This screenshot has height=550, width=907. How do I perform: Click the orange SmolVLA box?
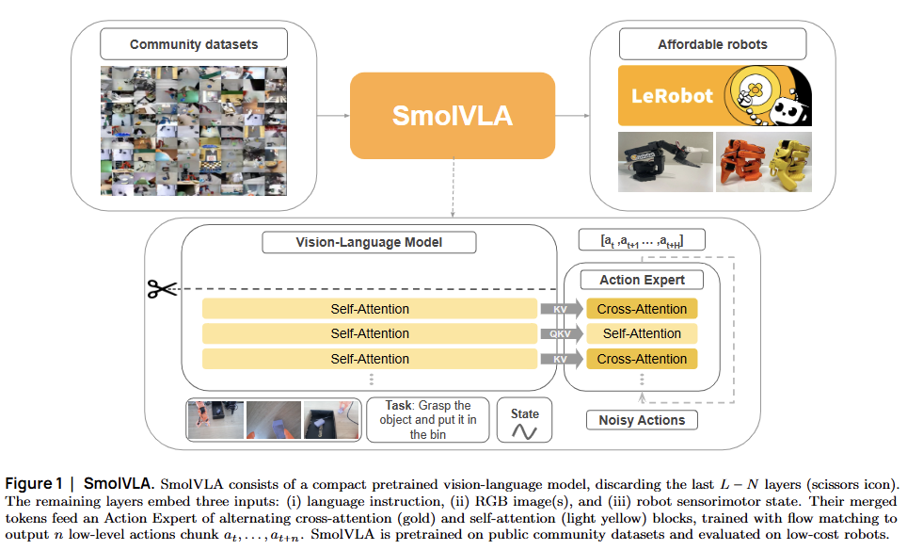453,116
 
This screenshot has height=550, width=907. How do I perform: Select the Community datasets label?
193,44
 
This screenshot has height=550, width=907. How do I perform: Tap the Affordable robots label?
711,44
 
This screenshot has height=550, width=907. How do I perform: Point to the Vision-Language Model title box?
369,242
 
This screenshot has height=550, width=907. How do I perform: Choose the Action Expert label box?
642,280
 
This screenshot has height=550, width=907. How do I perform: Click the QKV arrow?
560,333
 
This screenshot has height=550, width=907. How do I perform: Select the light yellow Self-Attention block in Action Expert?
642,333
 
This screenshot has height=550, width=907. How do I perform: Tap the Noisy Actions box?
642,420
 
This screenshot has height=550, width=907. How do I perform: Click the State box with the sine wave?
524,421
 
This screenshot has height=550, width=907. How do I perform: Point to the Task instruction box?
431,420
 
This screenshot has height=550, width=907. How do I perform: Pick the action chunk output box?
642,242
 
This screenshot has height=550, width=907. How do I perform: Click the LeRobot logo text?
674,96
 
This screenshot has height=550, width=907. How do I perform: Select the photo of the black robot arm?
663,162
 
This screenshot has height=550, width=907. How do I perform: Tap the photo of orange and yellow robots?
764,162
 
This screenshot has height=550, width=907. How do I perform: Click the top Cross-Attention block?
642,309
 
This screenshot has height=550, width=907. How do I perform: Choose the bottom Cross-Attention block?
642,359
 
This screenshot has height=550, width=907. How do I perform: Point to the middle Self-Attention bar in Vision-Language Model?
370,333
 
